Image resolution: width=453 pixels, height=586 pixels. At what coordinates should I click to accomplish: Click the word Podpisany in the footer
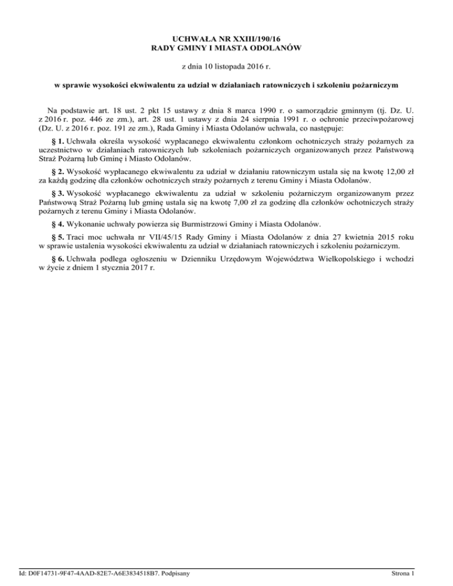coord(182,572)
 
